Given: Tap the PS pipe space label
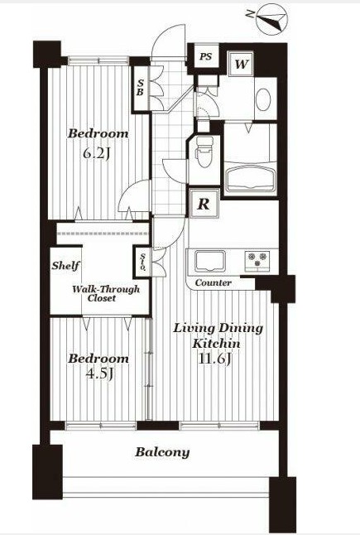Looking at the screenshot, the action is (205, 56).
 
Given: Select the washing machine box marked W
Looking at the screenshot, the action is (242, 64).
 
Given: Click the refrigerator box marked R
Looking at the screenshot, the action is (204, 204).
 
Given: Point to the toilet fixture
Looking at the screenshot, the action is (204, 152).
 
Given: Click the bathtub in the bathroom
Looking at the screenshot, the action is (251, 178).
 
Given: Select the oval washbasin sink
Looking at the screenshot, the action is (263, 99).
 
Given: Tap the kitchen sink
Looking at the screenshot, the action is (210, 262).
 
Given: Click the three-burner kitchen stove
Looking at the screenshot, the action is (257, 261).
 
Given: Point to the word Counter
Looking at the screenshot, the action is (214, 283).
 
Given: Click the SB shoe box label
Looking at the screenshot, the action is (141, 87).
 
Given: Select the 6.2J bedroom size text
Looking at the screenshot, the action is (97, 154).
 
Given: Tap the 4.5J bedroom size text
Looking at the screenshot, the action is (99, 374).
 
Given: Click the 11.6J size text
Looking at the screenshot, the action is (216, 359).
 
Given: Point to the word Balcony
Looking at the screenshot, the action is (162, 453).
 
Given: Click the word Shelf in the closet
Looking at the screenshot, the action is (66, 265).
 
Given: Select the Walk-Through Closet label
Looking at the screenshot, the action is (106, 293).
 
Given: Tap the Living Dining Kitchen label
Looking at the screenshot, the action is (218, 335).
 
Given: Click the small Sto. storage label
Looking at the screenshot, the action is (143, 263).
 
